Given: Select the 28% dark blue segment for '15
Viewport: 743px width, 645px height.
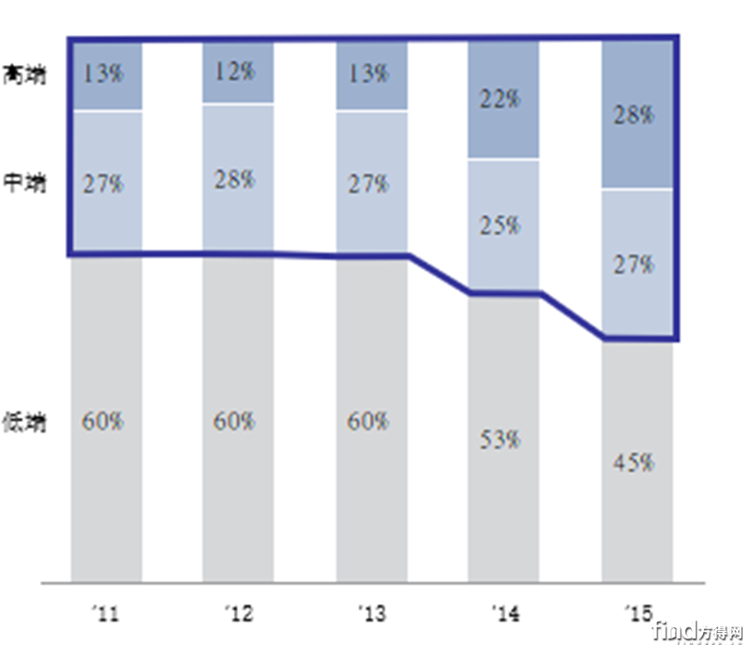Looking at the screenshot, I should [x=636, y=115].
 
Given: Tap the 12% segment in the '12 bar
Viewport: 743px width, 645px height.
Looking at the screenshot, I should [x=238, y=72].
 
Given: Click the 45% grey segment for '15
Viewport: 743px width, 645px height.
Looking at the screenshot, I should [x=636, y=461].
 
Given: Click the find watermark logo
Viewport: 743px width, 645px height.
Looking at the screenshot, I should [x=695, y=630].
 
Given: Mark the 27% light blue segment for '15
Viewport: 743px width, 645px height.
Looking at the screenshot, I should [x=636, y=264].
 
